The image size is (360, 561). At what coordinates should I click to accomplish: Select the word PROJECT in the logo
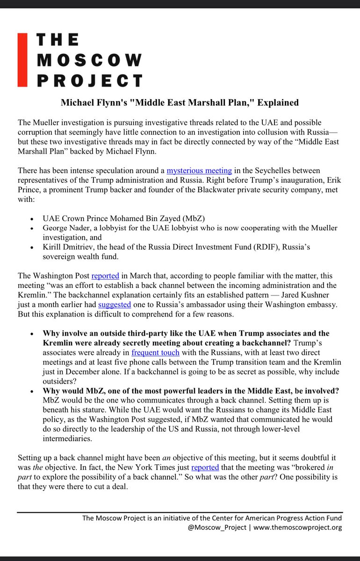pyautogui.click(x=89, y=81)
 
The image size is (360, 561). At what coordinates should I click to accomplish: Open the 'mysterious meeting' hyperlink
pyautogui.click(x=199, y=171)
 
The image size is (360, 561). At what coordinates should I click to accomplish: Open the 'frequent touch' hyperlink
pyautogui.click(x=155, y=354)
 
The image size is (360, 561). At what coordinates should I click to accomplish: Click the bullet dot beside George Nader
pyautogui.click(x=31, y=229)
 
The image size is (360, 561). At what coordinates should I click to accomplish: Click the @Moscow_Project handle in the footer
pyautogui.click(x=213, y=527)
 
